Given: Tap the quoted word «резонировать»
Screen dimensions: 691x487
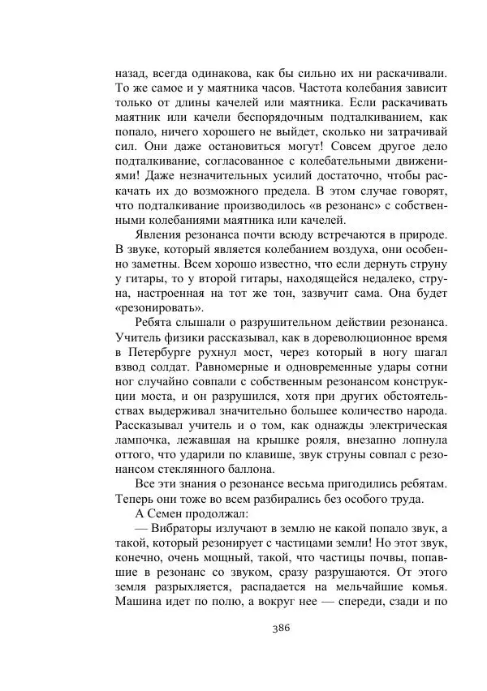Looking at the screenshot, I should pyautogui.click(x=157, y=308).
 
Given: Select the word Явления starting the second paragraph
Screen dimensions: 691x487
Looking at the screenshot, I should pyautogui.click(x=167, y=234).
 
